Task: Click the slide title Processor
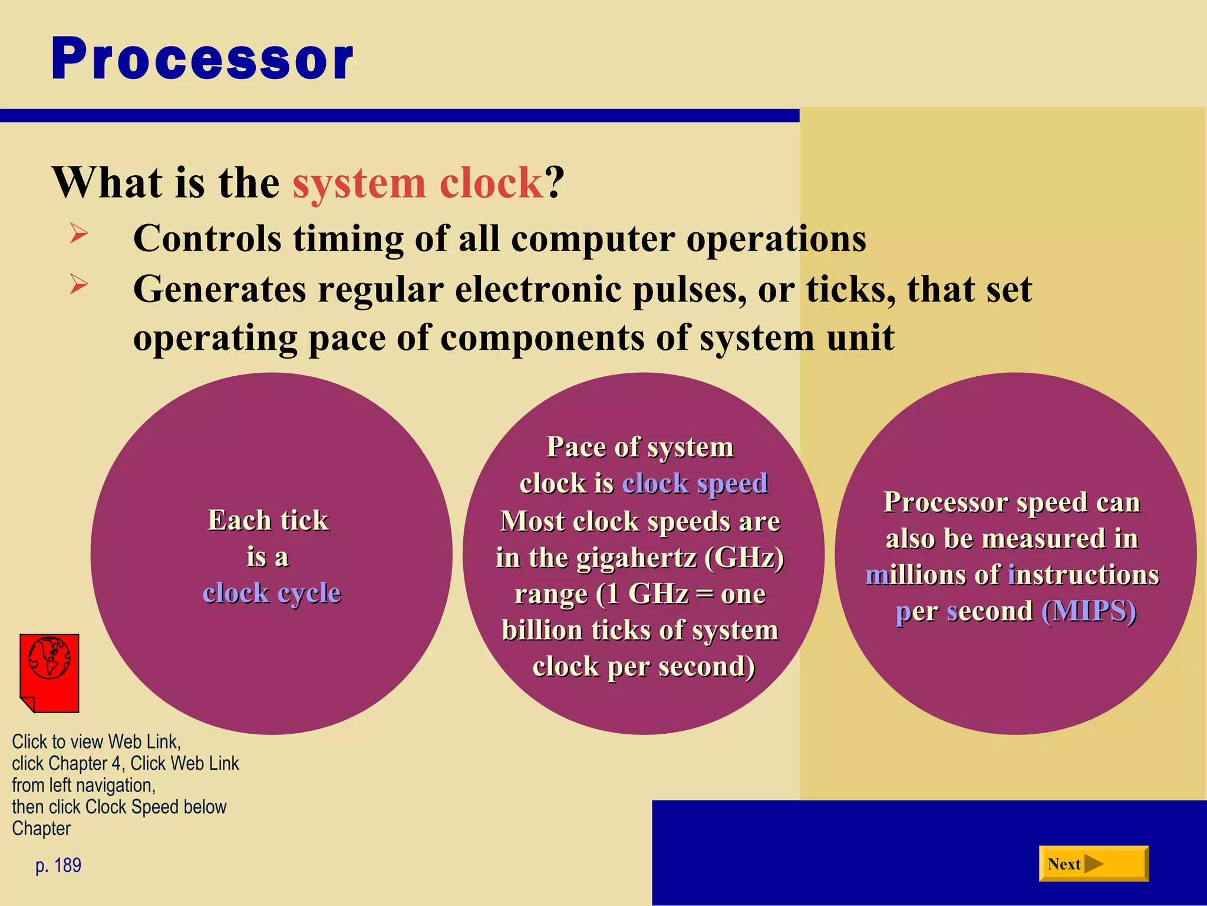click(x=202, y=59)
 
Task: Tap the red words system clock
click(x=417, y=183)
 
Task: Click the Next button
click(x=1093, y=864)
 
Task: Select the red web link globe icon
click(x=50, y=672)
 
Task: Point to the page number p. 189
click(x=58, y=865)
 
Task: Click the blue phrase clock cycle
click(x=272, y=593)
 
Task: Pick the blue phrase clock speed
click(x=695, y=484)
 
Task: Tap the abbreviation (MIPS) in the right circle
click(x=1089, y=611)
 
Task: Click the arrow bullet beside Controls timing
click(x=78, y=234)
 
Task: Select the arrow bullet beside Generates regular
click(x=78, y=284)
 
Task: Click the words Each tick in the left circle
click(x=268, y=520)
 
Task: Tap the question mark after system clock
click(x=555, y=183)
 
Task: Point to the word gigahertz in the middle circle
click(x=637, y=557)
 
